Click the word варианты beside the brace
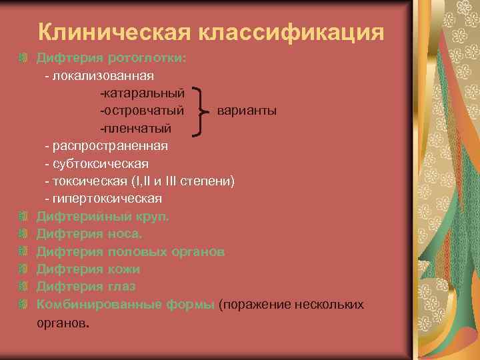tap(247, 110)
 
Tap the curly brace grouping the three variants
tap(204, 111)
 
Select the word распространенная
tap(110, 145)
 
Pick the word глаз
tap(121, 286)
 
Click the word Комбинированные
tap(89, 304)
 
